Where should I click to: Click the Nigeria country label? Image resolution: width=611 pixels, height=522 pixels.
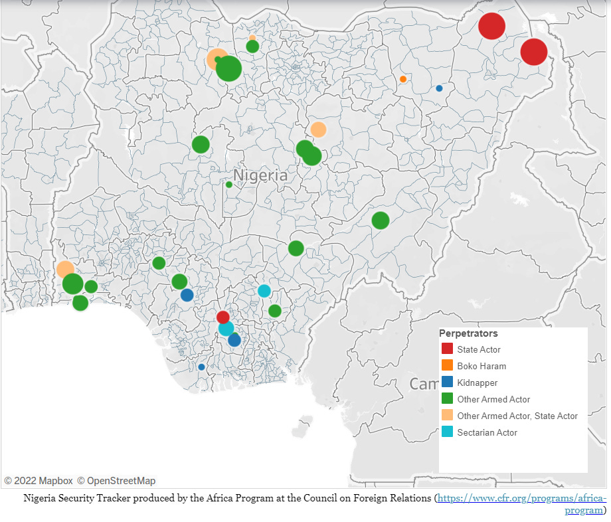(260, 175)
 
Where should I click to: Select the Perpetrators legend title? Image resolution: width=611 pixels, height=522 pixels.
(468, 333)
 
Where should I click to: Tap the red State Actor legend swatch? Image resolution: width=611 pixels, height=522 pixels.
(448, 349)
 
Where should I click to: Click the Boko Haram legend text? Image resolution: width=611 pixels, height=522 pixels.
(481, 366)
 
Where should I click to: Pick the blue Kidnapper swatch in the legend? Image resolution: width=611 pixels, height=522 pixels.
(448, 383)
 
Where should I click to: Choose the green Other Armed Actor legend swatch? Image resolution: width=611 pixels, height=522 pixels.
(448, 399)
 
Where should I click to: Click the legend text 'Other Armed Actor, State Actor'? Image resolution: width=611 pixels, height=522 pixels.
(517, 416)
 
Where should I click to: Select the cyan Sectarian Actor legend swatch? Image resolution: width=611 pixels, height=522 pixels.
(448, 432)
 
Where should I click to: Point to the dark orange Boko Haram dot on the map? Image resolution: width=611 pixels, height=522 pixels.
(403, 79)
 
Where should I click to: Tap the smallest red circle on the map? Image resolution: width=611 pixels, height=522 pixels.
(223, 317)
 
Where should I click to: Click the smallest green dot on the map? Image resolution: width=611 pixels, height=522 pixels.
(229, 185)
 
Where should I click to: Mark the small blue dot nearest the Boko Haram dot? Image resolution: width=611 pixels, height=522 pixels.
(439, 88)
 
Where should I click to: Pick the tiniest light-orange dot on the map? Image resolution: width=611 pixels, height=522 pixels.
(252, 38)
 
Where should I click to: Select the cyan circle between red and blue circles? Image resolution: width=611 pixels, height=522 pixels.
(226, 329)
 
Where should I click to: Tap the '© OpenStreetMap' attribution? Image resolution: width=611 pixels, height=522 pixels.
(116, 481)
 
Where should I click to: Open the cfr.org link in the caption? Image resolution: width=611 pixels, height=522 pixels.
(521, 498)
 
